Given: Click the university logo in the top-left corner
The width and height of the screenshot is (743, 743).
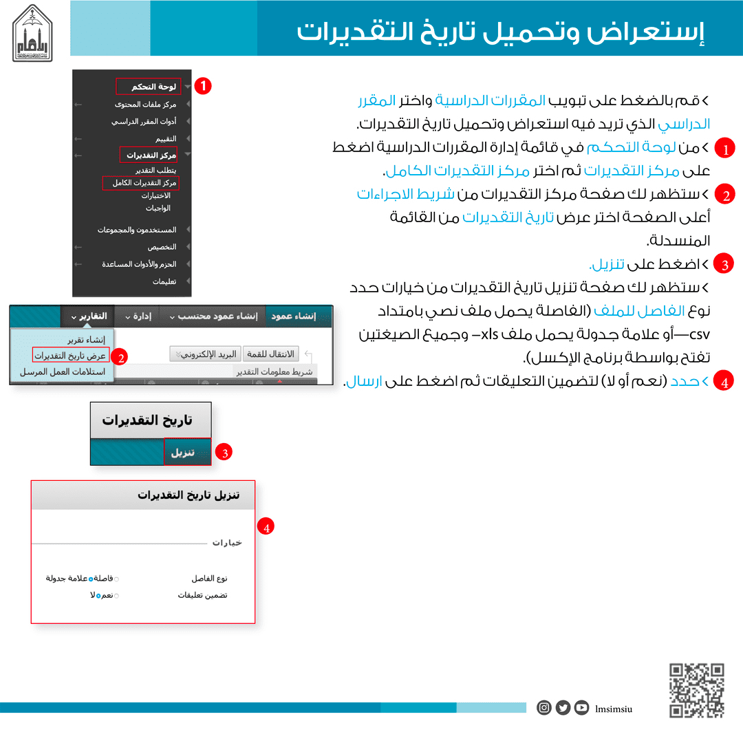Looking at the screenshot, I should [x=37, y=32].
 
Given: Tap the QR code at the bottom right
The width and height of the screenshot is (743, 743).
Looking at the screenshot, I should [x=697, y=690].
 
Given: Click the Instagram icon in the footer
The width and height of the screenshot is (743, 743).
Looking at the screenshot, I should [x=544, y=707].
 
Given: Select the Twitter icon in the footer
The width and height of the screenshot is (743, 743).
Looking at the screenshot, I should [x=563, y=707].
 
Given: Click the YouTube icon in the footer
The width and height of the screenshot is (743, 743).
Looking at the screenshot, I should [x=581, y=707].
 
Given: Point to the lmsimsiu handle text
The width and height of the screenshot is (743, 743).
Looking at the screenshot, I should [x=614, y=708].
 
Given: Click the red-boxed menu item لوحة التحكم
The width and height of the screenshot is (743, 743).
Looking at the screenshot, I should [x=147, y=87].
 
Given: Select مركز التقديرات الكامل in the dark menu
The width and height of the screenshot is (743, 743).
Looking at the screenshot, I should [x=140, y=183].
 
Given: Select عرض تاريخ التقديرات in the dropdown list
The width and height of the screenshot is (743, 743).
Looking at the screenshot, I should [x=71, y=356].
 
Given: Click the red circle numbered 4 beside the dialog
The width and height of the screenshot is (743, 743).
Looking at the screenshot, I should [x=266, y=528].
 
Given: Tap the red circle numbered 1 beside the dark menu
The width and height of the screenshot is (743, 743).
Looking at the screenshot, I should [x=203, y=87].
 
